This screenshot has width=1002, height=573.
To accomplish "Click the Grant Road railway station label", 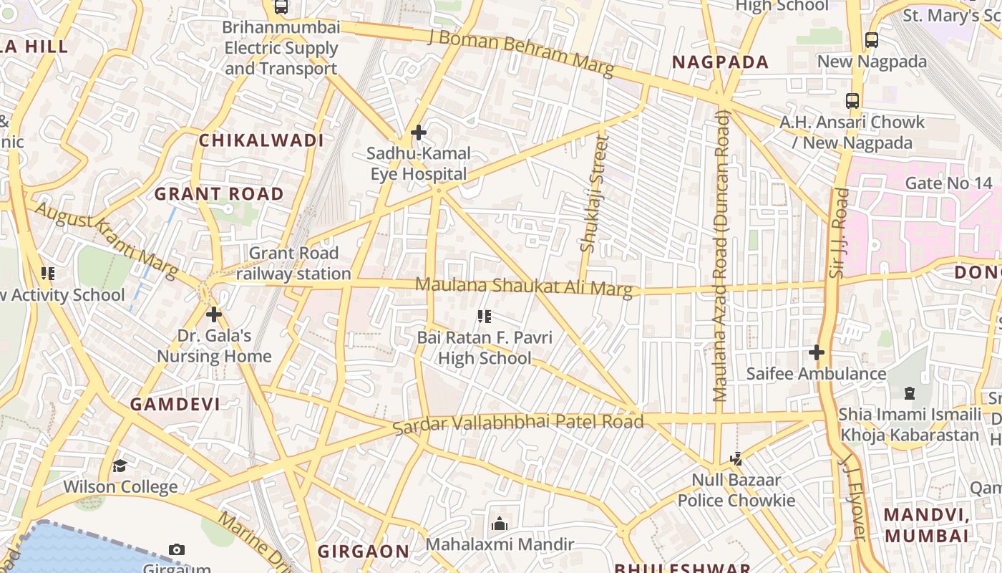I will click(293, 264).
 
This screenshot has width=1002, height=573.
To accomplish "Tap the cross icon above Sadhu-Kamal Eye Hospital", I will click(419, 133).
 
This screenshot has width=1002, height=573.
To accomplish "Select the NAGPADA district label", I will click(720, 62).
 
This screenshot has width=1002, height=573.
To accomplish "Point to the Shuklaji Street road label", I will click(594, 195).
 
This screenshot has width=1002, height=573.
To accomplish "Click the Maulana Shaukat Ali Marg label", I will click(524, 286).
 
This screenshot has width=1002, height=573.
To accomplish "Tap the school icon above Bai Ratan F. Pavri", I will click(485, 316).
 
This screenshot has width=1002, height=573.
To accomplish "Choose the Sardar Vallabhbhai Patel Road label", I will click(519, 423).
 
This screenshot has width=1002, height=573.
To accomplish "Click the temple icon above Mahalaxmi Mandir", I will click(500, 524).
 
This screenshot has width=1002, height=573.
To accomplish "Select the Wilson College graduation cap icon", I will click(120, 466).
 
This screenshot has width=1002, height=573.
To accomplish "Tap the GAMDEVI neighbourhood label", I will click(175, 404).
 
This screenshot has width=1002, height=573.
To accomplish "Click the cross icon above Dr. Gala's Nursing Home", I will click(213, 314).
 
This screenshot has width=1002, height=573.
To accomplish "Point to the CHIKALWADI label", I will click(261, 140).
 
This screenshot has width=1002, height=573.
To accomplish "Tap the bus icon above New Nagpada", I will click(871, 40).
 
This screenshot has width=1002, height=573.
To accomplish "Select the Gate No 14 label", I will click(948, 183).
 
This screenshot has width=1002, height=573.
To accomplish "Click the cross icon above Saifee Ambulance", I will click(816, 352).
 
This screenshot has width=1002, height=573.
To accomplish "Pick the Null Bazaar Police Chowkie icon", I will click(736, 458).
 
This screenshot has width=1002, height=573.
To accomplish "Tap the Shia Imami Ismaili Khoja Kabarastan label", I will click(909, 425).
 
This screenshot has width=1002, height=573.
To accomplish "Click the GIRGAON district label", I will click(364, 552).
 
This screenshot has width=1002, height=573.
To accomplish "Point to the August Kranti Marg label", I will click(106, 239).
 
